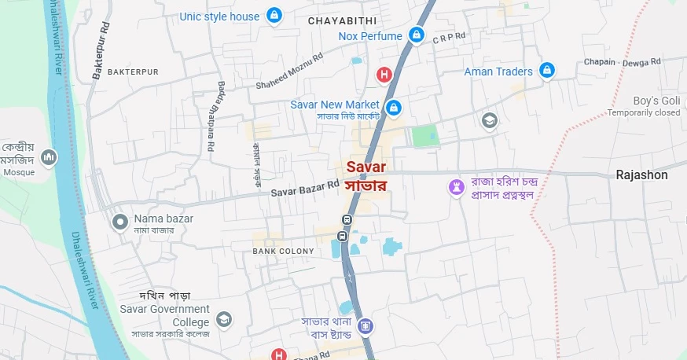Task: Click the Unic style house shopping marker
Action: [x=274, y=16]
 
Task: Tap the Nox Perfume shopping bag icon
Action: [x=417, y=35]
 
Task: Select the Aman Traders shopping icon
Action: [x=547, y=71]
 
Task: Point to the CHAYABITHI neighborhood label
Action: [x=342, y=20]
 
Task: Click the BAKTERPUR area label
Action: [x=133, y=72]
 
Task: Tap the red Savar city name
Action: [x=366, y=167]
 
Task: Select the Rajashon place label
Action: [x=641, y=175]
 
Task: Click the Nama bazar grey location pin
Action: [x=120, y=222]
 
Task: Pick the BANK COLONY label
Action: [x=283, y=252]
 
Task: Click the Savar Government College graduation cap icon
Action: [x=225, y=319]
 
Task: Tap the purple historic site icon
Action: [x=455, y=187]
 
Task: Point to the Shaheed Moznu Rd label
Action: [x=288, y=71]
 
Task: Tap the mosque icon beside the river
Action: [x=50, y=158]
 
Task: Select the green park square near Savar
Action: [x=424, y=136]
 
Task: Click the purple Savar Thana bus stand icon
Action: [x=364, y=325]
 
